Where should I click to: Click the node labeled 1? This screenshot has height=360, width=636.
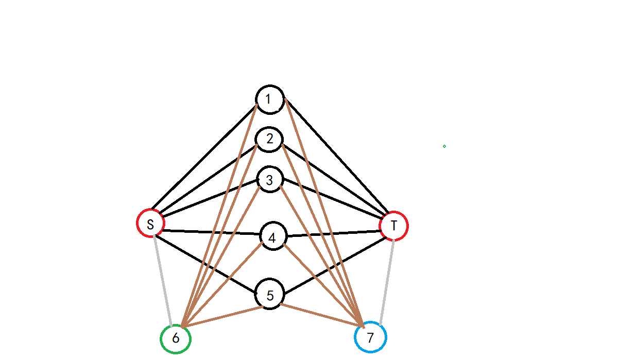[x=270, y=99]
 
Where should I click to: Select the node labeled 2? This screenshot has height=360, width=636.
[x=269, y=139]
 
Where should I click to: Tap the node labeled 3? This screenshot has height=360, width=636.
[x=270, y=180]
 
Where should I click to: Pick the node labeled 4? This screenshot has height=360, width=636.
[x=272, y=237]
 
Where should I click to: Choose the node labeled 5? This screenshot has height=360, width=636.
[x=270, y=295]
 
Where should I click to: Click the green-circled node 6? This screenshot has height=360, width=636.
[x=176, y=339]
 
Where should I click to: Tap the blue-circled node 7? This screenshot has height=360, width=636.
[x=370, y=337]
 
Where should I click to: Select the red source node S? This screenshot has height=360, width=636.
[x=150, y=224]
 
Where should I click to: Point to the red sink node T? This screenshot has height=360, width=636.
[x=394, y=226]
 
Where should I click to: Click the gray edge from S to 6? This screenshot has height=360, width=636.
[x=162, y=280]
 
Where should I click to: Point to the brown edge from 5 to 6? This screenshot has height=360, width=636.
[x=222, y=317]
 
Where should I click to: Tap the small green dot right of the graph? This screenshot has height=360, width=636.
[x=444, y=146]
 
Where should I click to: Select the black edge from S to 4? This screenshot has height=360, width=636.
[x=211, y=232]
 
